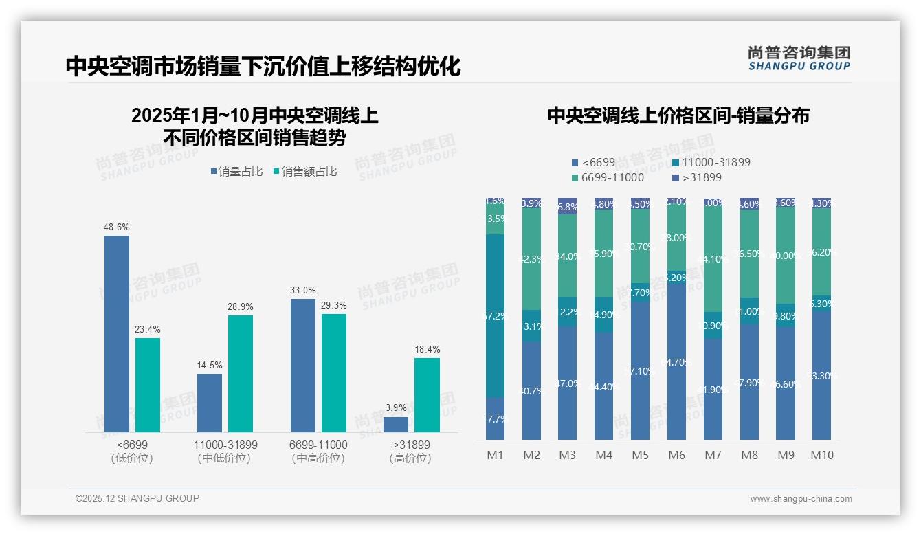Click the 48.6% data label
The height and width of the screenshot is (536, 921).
(x=117, y=227)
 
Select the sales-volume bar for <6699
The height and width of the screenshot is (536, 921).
(x=117, y=334)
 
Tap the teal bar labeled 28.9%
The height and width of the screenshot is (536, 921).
(x=241, y=374)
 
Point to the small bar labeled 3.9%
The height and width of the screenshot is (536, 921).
(x=396, y=425)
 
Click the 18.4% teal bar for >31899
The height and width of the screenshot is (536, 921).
(x=427, y=395)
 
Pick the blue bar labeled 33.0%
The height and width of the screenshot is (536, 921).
(x=303, y=366)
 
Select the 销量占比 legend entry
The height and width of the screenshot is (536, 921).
(x=236, y=172)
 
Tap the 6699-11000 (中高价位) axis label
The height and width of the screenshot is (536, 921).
(x=318, y=451)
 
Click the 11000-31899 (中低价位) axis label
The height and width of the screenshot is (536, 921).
(x=225, y=451)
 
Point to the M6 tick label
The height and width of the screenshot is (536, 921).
(x=677, y=455)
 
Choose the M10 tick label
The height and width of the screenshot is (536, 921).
(x=822, y=455)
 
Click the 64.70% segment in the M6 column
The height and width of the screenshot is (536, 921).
(x=677, y=361)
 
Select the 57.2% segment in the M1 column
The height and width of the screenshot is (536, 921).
(x=496, y=316)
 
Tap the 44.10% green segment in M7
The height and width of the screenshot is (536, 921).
(x=713, y=259)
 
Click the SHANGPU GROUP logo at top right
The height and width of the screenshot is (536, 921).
(x=799, y=58)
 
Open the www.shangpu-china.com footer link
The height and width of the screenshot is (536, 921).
(x=801, y=499)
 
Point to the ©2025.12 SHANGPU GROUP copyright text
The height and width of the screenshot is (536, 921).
(x=137, y=499)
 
